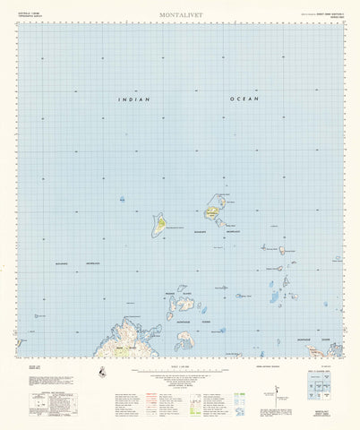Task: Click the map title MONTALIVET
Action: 180,15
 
